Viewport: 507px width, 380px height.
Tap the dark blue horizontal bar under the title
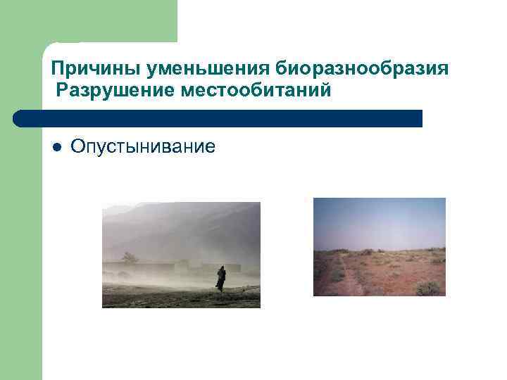tap(218, 118)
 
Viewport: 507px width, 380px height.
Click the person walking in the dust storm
tap(221, 279)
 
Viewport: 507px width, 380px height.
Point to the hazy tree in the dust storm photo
tap(129, 258)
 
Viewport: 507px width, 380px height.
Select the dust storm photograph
tap(181, 255)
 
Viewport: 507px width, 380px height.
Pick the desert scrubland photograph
tap(379, 246)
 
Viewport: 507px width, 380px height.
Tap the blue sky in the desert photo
tap(379, 218)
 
